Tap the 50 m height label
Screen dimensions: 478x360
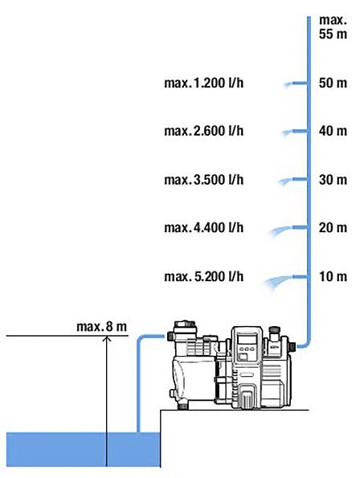coord(332,83)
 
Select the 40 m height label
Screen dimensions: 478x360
coord(332,131)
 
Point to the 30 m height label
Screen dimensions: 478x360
coord(332,179)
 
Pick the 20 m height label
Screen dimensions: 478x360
coord(332,228)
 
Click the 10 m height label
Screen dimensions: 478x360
coord(332,276)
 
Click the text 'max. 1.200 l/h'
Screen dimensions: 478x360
coord(203,83)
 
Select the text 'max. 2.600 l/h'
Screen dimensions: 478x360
coord(203,131)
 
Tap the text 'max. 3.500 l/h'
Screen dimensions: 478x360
coord(203,179)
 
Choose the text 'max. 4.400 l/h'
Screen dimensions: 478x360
coord(203,228)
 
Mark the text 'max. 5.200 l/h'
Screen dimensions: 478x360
coord(203,276)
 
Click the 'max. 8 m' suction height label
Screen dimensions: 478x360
coord(102,326)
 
